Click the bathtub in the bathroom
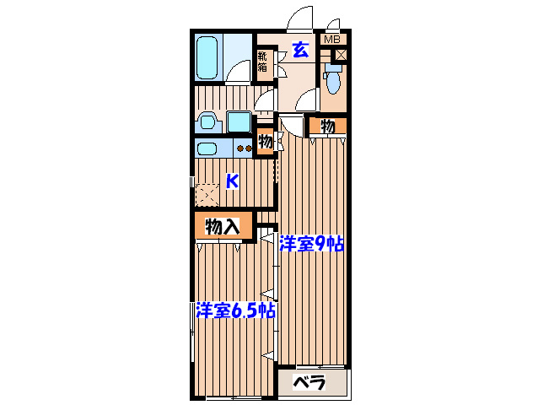point(207,56)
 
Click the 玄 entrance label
point(300,49)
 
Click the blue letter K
point(233,180)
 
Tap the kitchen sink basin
point(208,150)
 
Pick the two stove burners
point(244,150)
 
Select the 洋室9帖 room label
point(312,245)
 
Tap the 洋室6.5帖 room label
point(235,310)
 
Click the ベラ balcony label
point(309,382)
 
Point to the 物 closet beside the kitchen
point(266,142)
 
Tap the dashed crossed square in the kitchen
point(207,196)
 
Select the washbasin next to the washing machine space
point(207,122)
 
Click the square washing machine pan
point(239,121)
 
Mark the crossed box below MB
point(340,55)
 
